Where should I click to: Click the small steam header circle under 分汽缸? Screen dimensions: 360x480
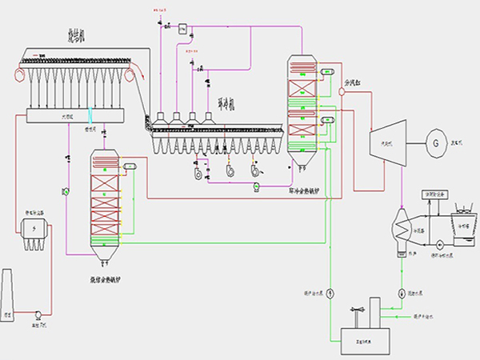[342, 91]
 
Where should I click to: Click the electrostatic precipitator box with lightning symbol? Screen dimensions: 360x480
[34, 229]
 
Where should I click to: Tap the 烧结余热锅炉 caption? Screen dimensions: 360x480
[111, 279]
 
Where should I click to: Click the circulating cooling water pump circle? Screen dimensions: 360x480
[440, 244]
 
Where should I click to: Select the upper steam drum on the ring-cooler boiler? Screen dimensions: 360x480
[326, 72]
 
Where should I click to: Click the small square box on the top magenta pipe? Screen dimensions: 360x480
[182, 29]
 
